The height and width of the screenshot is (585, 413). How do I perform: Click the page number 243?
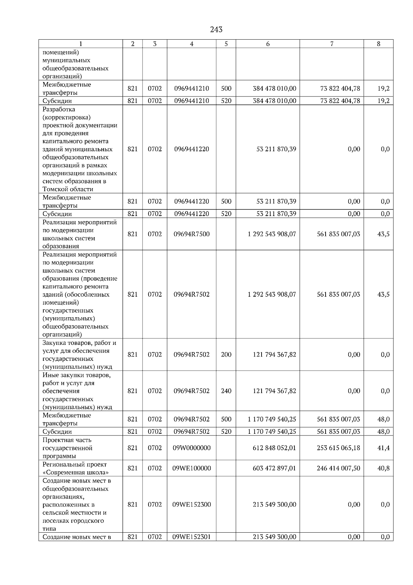216,30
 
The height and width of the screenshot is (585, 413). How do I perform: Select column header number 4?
192,44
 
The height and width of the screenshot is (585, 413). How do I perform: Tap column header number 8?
379,44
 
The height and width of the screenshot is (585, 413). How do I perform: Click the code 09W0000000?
192,448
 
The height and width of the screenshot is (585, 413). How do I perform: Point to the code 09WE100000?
192,468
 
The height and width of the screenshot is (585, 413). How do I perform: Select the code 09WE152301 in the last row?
192,537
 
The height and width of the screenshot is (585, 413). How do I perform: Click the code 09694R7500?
192,234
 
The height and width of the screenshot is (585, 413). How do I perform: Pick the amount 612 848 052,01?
274,448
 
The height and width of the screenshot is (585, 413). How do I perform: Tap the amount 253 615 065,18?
338,448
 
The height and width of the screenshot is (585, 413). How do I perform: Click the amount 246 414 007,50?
338,468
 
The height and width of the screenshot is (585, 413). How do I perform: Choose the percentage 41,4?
383,448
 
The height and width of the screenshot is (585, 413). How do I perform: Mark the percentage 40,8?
383,468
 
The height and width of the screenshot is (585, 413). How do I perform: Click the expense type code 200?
226,355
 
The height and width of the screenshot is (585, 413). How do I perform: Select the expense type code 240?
226,391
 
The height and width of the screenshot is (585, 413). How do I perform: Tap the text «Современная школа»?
76,472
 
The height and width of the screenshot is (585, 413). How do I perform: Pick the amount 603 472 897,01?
274,468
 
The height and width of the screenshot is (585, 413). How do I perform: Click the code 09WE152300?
192,504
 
